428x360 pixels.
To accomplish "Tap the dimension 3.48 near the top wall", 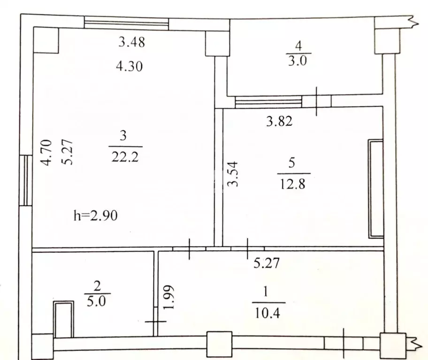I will [x=132, y=43].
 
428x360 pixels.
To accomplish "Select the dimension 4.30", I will [x=129, y=67].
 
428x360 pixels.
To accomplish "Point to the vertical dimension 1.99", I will [x=169, y=297].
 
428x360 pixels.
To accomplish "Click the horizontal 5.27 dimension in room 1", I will [x=266, y=263].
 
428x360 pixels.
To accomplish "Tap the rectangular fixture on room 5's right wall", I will [x=376, y=188].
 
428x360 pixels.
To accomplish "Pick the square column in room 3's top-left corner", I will [x=46, y=40].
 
